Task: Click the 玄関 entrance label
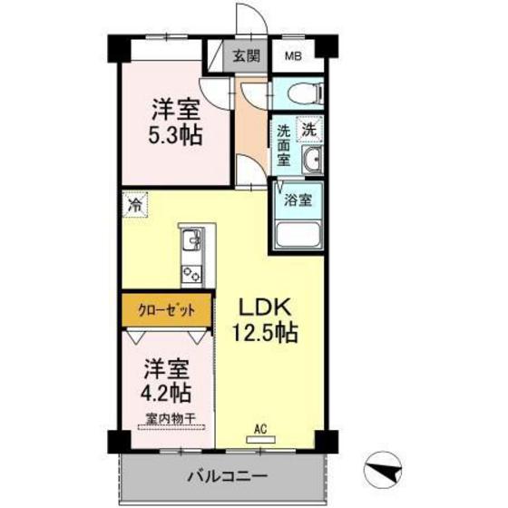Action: click(245, 54)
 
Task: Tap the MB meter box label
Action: click(294, 54)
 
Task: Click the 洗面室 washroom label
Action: click(283, 144)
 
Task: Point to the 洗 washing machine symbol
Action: click(309, 130)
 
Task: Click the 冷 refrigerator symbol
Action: click(133, 205)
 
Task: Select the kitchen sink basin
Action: click(192, 242)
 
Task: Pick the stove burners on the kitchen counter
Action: click(192, 271)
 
